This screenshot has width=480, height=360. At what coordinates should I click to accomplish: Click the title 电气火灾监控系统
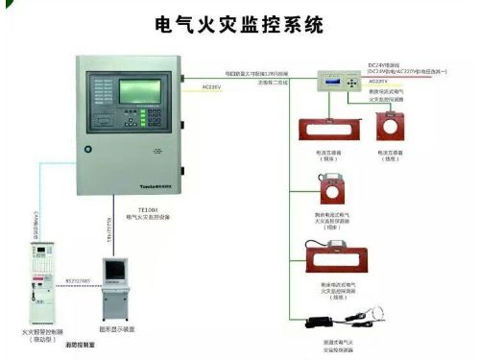[x=239, y=24]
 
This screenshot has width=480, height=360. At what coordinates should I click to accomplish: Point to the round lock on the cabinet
[x=87, y=149]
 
